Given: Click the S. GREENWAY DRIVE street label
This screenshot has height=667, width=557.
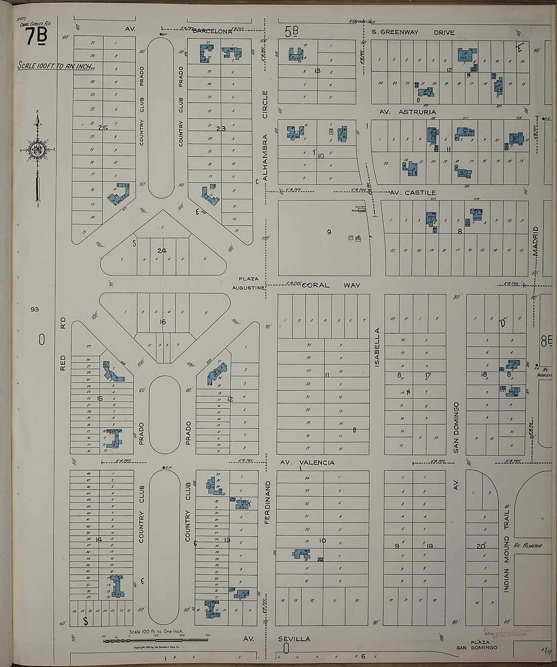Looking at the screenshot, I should (413, 32).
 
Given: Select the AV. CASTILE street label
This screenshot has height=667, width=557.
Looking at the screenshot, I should (413, 193).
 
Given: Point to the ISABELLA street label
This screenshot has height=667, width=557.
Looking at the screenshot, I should (377, 347).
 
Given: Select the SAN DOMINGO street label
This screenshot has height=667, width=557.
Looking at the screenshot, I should (456, 427).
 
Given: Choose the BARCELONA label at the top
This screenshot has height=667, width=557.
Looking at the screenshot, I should (213, 31).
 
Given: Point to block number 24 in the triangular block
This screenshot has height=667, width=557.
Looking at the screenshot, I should (162, 250).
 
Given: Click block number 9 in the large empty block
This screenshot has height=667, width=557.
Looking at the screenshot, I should (329, 232).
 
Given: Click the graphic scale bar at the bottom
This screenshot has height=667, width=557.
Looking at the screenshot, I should (155, 641).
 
